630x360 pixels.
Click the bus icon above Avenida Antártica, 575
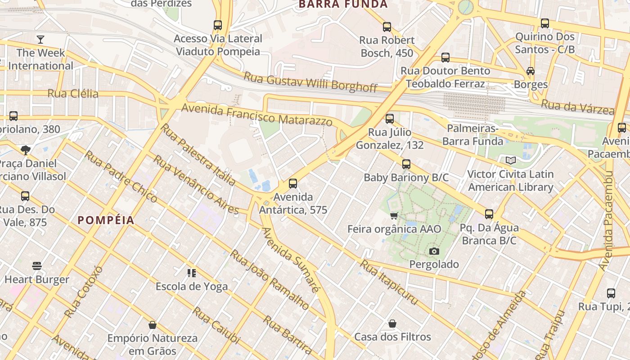293,183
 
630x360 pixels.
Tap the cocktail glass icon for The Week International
40,39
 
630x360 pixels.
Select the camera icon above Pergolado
434,251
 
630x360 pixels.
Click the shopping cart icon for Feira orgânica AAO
394,216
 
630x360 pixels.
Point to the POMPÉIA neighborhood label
106,220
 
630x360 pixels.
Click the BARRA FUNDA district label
343,4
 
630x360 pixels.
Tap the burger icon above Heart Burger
37,266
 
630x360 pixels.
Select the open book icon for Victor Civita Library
510,161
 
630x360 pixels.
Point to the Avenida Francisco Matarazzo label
256,115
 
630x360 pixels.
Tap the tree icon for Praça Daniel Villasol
26,150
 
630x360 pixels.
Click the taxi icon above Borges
531,71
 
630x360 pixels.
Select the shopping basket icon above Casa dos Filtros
392,324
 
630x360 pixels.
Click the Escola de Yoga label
192,286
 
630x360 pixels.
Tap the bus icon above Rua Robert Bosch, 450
387,27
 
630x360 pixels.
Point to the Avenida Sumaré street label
291,260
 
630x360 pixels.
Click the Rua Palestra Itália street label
198,155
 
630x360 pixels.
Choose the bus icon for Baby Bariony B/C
406,164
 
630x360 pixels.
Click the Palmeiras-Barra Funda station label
472,135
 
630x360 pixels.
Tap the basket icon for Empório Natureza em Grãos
153,325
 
